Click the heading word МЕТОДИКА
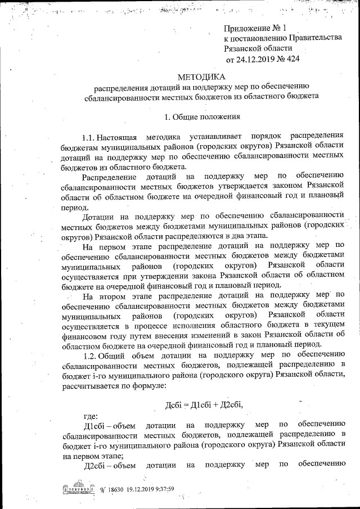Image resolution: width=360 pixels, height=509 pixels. [x=201, y=76]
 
